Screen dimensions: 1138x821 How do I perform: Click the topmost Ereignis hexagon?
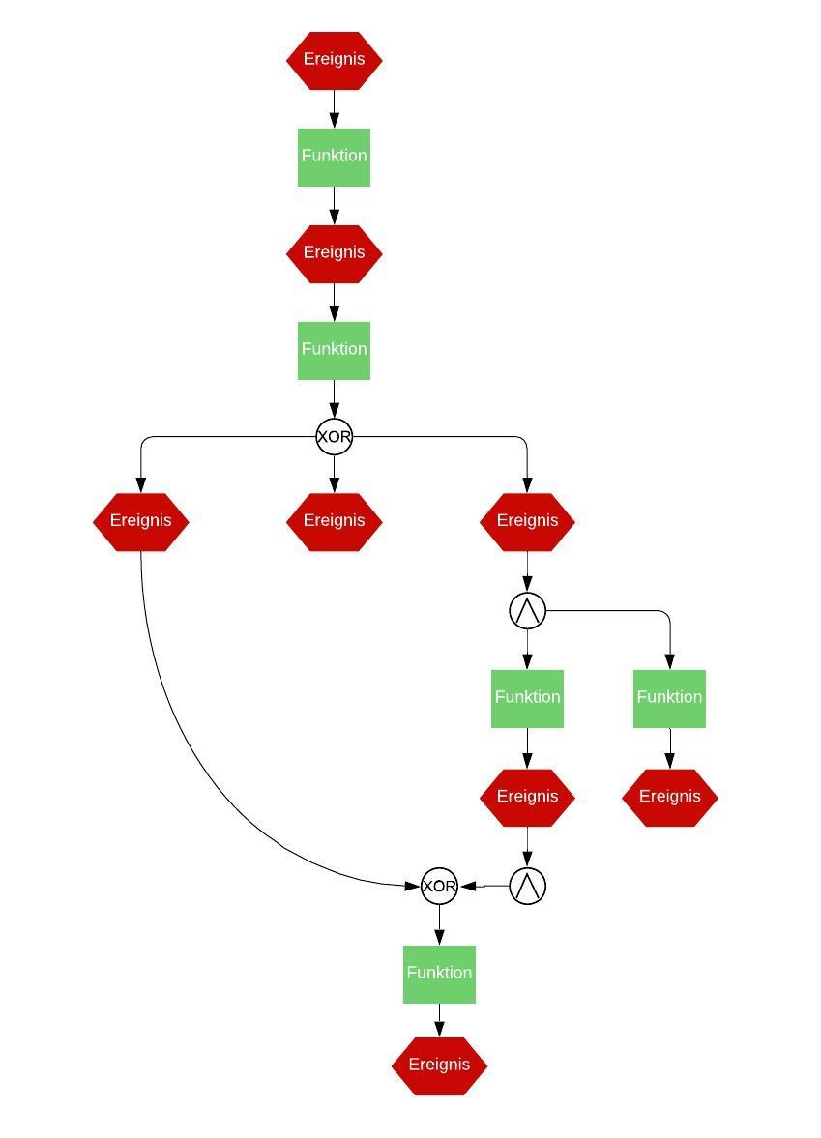click(x=334, y=60)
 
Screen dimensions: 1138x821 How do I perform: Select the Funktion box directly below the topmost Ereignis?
click(x=334, y=157)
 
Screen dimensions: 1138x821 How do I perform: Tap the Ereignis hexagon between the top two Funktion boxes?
click(x=334, y=253)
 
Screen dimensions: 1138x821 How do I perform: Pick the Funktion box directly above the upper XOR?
click(x=334, y=350)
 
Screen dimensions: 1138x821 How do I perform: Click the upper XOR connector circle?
click(x=334, y=437)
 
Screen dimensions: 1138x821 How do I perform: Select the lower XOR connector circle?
click(x=439, y=886)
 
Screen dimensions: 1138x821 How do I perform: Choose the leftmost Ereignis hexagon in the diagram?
click(x=140, y=521)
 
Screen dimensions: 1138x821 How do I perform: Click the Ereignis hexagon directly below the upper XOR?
click(x=334, y=521)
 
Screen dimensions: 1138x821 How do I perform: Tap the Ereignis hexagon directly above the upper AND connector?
click(x=527, y=521)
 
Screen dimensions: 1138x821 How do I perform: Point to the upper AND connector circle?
click(x=527, y=611)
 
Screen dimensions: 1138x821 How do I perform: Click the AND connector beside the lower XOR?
click(x=527, y=886)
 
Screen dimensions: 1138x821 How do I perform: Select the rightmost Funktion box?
click(x=669, y=698)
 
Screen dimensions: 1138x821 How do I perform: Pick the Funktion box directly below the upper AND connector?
click(x=527, y=698)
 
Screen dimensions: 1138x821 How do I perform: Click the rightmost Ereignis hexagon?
click(x=669, y=798)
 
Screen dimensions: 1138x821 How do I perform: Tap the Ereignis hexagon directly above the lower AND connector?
click(x=527, y=798)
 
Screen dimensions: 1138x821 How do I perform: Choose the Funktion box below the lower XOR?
click(x=439, y=974)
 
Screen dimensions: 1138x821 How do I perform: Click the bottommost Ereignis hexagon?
click(x=439, y=1065)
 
